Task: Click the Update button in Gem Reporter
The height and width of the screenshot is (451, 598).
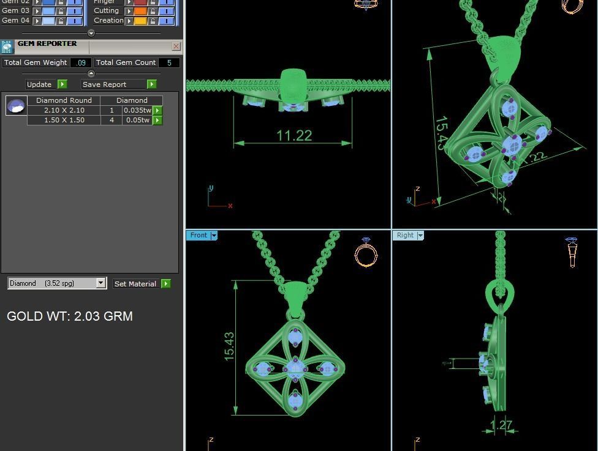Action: (39, 84)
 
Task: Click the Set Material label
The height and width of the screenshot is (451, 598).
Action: (135, 284)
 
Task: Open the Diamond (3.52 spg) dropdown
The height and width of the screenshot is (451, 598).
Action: (101, 283)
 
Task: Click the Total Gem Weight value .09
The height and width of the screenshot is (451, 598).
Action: (81, 62)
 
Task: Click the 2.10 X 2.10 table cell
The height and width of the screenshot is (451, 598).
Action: (64, 110)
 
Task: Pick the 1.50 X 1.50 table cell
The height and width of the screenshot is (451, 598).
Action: (64, 120)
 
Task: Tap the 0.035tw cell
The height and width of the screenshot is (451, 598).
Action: (137, 110)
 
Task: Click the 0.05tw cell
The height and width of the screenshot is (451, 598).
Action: (137, 120)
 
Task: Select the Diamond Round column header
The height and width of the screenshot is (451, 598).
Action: (64, 100)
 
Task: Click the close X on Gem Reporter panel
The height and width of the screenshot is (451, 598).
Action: (176, 47)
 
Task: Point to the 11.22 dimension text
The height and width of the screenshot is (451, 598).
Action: (294, 135)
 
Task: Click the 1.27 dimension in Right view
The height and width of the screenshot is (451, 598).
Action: (501, 425)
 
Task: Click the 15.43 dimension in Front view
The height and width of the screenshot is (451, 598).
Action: (229, 346)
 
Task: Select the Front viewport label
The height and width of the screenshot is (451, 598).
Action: (199, 235)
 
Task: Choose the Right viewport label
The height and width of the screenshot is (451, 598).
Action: (405, 235)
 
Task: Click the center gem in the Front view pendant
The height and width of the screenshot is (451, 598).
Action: (295, 368)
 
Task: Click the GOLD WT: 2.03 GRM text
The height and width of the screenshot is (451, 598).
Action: (70, 316)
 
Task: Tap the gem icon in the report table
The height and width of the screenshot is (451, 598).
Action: (16, 106)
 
